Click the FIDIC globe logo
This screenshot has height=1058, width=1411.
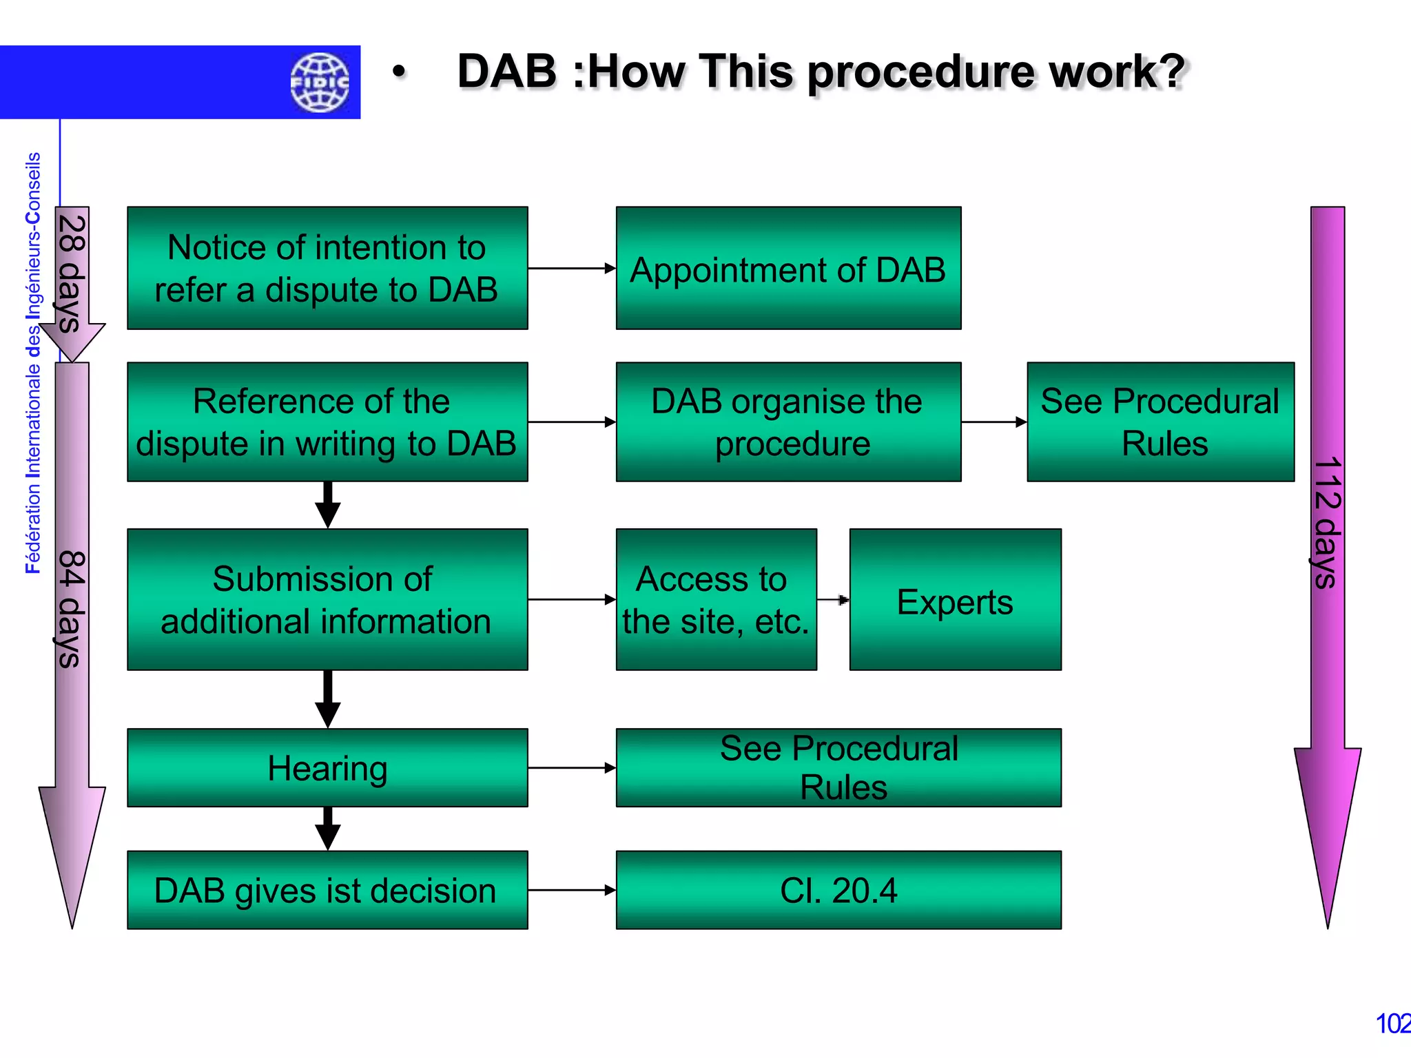pos(320,82)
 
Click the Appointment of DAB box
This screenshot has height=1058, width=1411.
pos(787,268)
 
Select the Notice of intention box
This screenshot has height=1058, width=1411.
pos(327,268)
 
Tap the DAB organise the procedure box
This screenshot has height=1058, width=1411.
pos(787,422)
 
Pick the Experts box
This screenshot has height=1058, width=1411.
pos(955,599)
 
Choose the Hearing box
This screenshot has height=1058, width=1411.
pos(327,767)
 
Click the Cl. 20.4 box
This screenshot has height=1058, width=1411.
pos(838,890)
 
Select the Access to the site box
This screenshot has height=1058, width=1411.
pos(716,599)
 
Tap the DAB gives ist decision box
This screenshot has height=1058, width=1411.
pos(327,890)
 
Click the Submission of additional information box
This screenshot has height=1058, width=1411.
pos(327,599)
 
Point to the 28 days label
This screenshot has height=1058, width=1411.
pos(72,274)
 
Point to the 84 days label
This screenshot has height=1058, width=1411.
pos(72,609)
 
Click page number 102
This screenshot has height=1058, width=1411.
pos(1392,1024)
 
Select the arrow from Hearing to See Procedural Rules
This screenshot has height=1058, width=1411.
pos(571,767)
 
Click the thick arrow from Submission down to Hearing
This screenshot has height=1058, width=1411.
pos(327,698)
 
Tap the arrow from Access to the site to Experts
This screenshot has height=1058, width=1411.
pos(833,600)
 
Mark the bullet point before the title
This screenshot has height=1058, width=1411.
pos(399,72)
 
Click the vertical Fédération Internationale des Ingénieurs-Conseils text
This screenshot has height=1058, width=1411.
pos(33,362)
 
